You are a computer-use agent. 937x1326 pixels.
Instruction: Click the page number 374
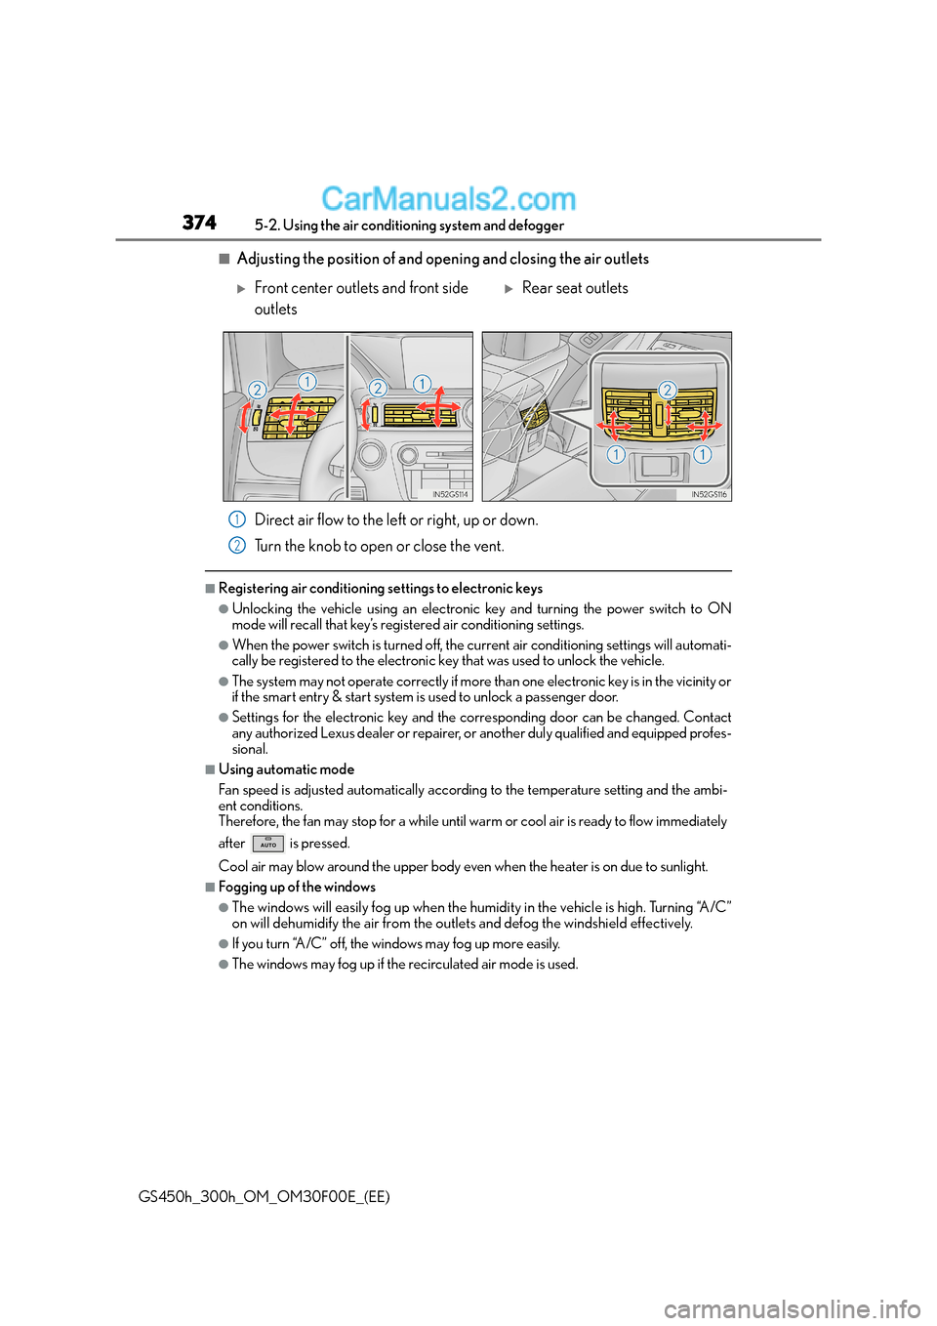[199, 223]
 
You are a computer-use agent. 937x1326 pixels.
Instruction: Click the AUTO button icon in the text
[267, 844]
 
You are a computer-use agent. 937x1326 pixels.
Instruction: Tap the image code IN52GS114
[450, 494]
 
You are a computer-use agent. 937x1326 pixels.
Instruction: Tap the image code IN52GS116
[709, 494]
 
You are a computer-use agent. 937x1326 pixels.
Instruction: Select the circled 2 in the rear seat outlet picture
[668, 390]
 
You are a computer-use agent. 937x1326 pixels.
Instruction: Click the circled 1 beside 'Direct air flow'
[237, 519]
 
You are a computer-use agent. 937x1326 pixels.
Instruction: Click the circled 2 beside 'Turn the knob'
[237, 546]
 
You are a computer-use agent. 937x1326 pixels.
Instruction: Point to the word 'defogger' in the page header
[536, 226]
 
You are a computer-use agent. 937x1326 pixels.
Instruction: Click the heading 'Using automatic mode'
[286, 769]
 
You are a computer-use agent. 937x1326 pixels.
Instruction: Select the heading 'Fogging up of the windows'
[297, 887]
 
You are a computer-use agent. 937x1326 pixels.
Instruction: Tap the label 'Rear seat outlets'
[575, 288]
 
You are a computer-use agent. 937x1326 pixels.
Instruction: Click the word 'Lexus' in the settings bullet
[338, 733]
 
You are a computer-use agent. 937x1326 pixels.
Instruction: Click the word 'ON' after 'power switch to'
[719, 608]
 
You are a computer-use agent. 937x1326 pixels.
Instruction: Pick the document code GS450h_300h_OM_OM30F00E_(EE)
[265, 1196]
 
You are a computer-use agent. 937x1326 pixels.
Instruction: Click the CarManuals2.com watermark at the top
[448, 199]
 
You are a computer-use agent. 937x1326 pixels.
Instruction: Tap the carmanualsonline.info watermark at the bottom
[792, 1308]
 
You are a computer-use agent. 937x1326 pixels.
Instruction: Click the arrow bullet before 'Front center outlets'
[241, 289]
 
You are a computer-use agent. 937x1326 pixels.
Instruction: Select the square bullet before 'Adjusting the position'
[224, 259]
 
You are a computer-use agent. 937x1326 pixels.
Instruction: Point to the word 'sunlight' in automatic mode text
[681, 866]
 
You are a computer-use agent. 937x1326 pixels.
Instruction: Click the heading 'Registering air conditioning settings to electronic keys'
[381, 588]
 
